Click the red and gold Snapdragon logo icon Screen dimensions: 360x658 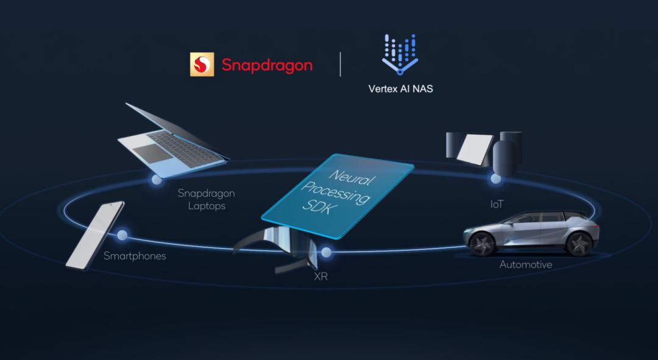(x=202, y=65)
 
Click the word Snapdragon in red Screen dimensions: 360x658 (x=267, y=65)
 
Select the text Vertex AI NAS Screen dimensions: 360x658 (x=400, y=88)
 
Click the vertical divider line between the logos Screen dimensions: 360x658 (x=340, y=64)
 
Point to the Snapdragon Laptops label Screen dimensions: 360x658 (x=206, y=199)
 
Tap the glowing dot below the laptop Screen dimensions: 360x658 (x=157, y=180)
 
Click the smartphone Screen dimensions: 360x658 (x=94, y=235)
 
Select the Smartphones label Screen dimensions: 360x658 (x=135, y=256)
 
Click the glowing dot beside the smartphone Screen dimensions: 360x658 (x=122, y=235)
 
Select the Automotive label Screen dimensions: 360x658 (x=526, y=264)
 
